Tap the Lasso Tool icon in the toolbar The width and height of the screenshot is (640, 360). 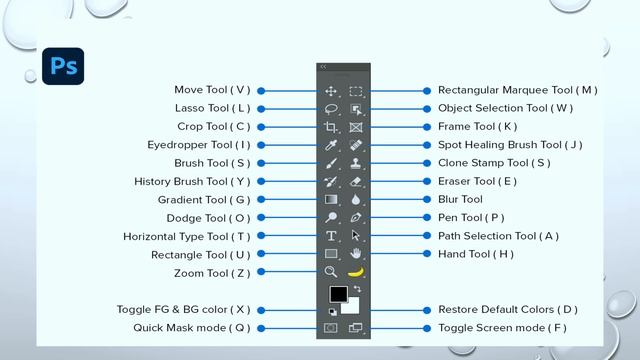point(331,109)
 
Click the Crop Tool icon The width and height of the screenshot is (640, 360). point(331,127)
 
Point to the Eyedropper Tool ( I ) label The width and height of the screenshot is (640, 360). point(199,145)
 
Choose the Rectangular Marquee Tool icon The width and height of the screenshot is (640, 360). point(356,91)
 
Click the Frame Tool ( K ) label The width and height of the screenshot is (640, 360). point(477,127)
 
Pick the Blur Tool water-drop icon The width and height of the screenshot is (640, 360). point(356,199)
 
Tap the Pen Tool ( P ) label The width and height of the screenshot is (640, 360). point(471,217)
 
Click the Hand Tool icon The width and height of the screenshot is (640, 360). point(356,254)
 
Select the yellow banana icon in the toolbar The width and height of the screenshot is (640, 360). point(356,271)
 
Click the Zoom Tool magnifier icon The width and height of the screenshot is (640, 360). point(331,271)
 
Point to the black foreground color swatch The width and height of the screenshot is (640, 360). point(338,294)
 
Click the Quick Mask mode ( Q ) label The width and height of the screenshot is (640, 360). point(192,327)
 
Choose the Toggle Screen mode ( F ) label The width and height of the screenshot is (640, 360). point(502,327)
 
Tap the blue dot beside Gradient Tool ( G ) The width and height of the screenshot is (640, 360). point(261,199)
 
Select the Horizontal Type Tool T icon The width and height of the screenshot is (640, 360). point(331,236)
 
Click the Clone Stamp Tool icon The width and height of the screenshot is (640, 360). point(356,163)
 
